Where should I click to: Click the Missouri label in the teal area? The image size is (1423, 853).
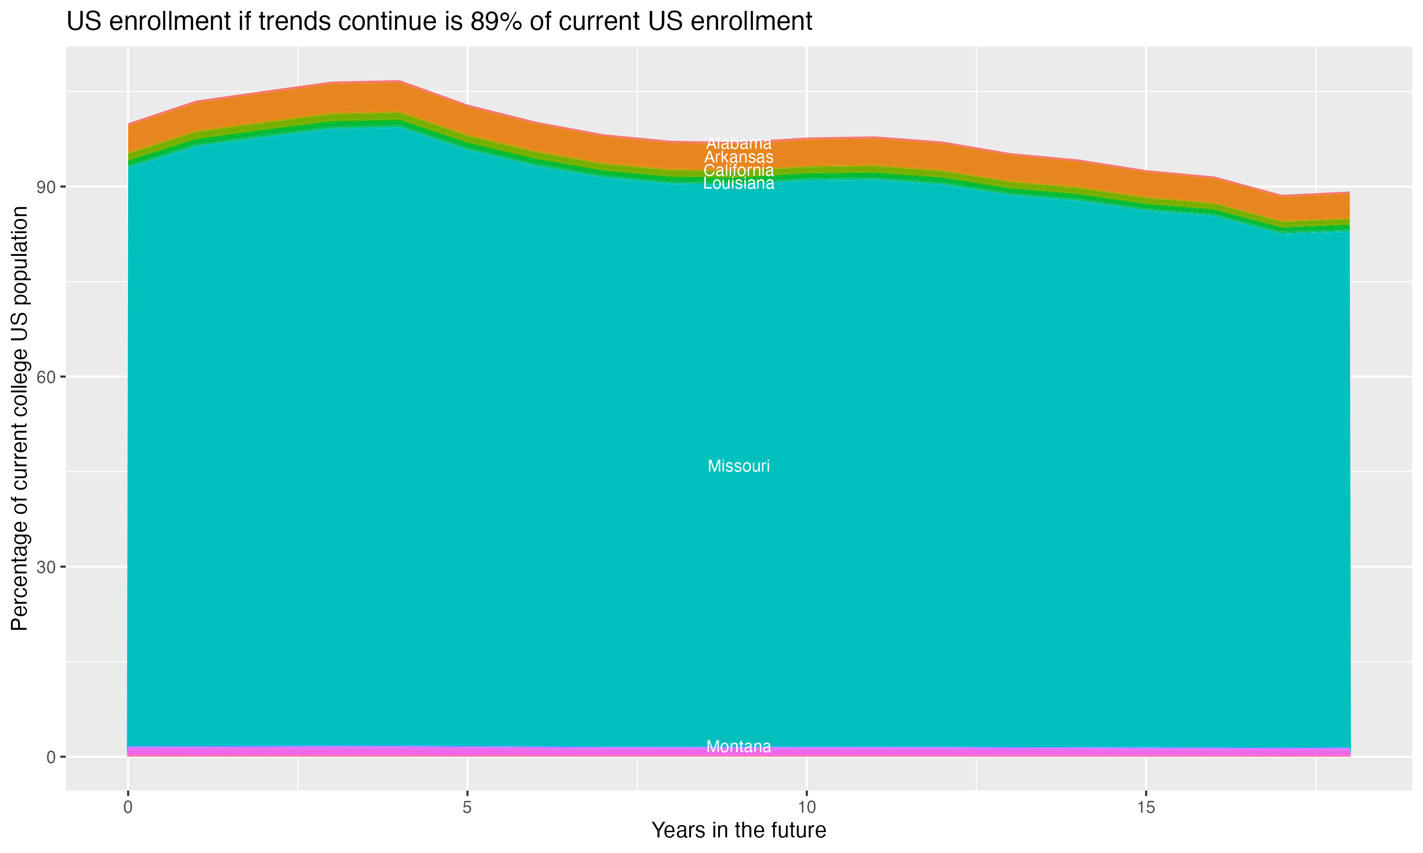(x=739, y=466)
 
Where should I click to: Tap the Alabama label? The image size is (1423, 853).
(x=739, y=143)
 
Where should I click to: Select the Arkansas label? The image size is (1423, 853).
(x=739, y=157)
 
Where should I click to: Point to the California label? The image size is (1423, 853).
(x=739, y=170)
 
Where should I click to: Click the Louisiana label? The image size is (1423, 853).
(x=739, y=183)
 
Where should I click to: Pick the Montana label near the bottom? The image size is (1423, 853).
(x=739, y=747)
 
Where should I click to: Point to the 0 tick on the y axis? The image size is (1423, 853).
(x=51, y=757)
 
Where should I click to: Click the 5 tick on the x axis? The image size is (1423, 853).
(x=467, y=808)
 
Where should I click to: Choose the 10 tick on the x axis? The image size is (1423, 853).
(x=806, y=808)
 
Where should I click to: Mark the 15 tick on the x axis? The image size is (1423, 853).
(x=1146, y=808)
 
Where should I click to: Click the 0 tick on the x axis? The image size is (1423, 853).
(x=128, y=808)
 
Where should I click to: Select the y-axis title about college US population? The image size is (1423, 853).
(x=20, y=418)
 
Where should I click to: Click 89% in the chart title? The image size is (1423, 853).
(x=490, y=22)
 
